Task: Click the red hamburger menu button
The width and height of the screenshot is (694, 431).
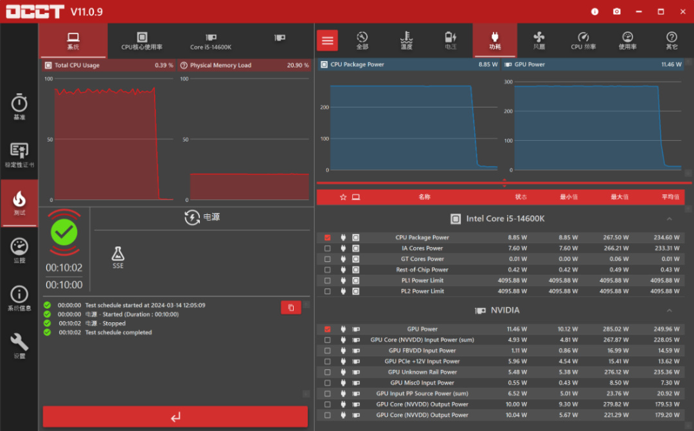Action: (x=328, y=41)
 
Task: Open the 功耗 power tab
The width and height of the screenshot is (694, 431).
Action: (x=494, y=41)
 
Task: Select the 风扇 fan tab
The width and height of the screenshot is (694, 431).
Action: (x=539, y=41)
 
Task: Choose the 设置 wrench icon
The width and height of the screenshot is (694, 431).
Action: (x=19, y=345)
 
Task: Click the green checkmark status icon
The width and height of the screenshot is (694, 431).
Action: (x=64, y=232)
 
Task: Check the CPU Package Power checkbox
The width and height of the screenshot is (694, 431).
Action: (x=328, y=237)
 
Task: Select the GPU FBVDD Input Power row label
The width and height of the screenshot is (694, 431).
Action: (x=422, y=351)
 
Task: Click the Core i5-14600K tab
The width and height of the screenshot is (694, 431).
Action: (x=211, y=41)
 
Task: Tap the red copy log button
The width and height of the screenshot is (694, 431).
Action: (x=290, y=307)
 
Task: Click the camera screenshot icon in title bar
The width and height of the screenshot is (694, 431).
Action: (x=617, y=12)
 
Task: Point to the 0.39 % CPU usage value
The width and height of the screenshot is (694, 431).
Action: (x=164, y=65)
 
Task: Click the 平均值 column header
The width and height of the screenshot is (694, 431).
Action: (x=670, y=197)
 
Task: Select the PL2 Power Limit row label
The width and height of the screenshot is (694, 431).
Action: (x=422, y=291)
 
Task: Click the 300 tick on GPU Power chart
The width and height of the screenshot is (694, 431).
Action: (x=508, y=82)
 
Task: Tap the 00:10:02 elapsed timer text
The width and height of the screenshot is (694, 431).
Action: (x=64, y=268)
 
